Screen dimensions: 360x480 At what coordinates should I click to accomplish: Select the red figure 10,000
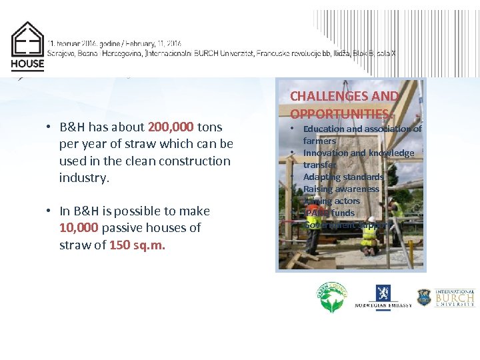pyautogui.click(x=79, y=228)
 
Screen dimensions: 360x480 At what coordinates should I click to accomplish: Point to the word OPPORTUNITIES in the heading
pyautogui.click(x=339, y=114)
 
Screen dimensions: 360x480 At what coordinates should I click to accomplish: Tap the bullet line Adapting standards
pyautogui.click(x=343, y=177)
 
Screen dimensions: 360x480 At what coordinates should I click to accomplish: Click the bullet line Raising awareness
pyautogui.click(x=341, y=189)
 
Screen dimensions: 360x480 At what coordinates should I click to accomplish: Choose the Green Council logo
pyautogui.click(x=332, y=297)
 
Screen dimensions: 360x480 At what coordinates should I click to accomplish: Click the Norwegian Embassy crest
pyautogui.click(x=383, y=294)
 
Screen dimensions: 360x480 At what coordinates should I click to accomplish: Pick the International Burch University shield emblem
pyautogui.click(x=424, y=297)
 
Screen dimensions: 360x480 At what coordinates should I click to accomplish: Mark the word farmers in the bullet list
pyautogui.click(x=319, y=141)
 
